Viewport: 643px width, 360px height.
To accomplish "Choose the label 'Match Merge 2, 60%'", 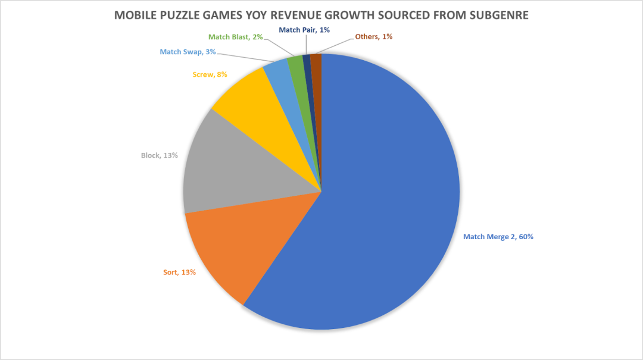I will point(498,237).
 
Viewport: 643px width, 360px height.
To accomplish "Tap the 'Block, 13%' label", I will point(160,155).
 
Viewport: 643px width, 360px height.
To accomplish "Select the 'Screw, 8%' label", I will point(210,74).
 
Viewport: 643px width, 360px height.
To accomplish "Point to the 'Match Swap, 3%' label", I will point(188,52).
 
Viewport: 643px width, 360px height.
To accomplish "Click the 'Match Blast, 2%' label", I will point(236,37).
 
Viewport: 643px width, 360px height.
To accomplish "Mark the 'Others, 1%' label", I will point(373,37).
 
